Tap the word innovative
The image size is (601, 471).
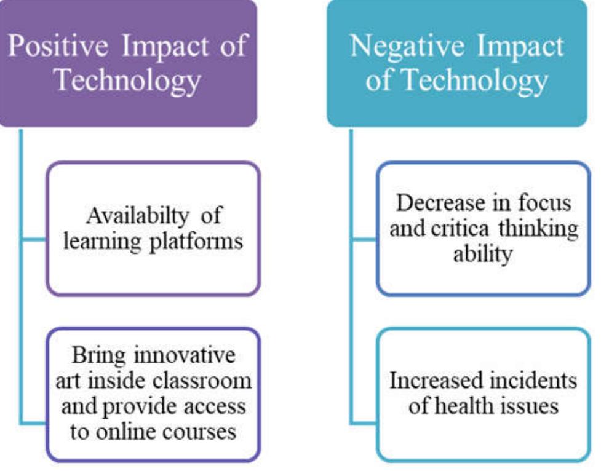pyautogui.click(x=189, y=355)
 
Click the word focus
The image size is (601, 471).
pyautogui.click(x=545, y=203)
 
